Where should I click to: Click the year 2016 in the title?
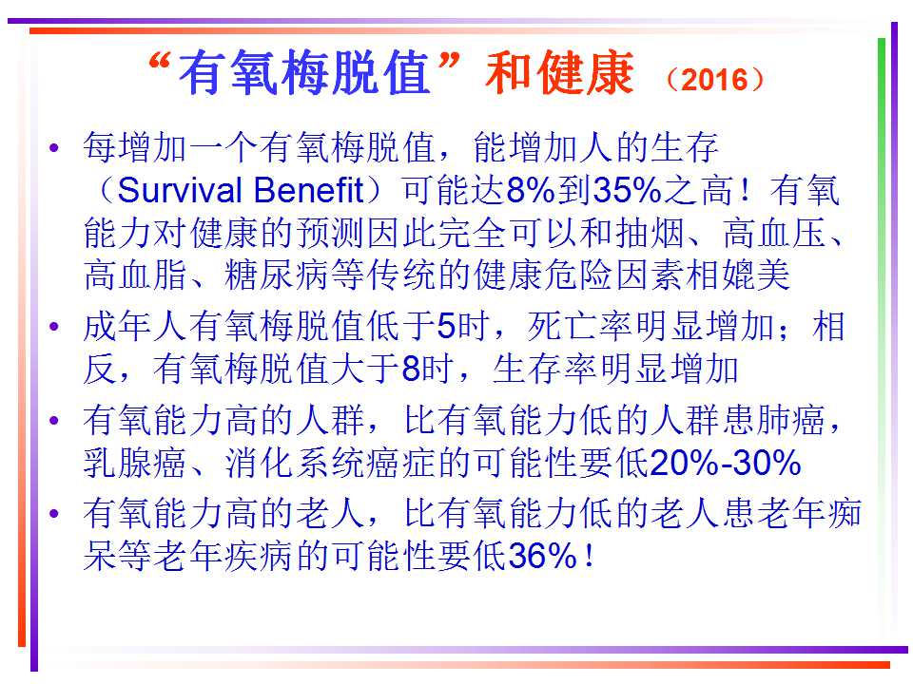pyautogui.click(x=714, y=80)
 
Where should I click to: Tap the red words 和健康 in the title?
pyautogui.click(x=559, y=73)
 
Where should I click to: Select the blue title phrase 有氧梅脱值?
pyautogui.click(x=304, y=73)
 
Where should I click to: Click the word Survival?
pyautogui.click(x=180, y=190)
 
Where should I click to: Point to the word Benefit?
pyautogui.click(x=308, y=190)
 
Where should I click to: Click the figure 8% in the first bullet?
pyautogui.click(x=531, y=190)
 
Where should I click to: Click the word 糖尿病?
pyautogui.click(x=277, y=275)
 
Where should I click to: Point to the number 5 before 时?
pyautogui.click(x=445, y=326)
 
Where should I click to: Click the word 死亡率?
pyautogui.click(x=580, y=326)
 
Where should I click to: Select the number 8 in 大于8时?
pyautogui.click(x=411, y=369)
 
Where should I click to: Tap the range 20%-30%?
pyautogui.click(x=725, y=463)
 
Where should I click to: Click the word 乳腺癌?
pyautogui.click(x=134, y=463)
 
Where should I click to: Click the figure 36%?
pyautogui.click(x=543, y=556)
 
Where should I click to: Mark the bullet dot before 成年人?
pyautogui.click(x=55, y=326)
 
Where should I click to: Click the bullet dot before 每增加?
pyautogui.click(x=55, y=148)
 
